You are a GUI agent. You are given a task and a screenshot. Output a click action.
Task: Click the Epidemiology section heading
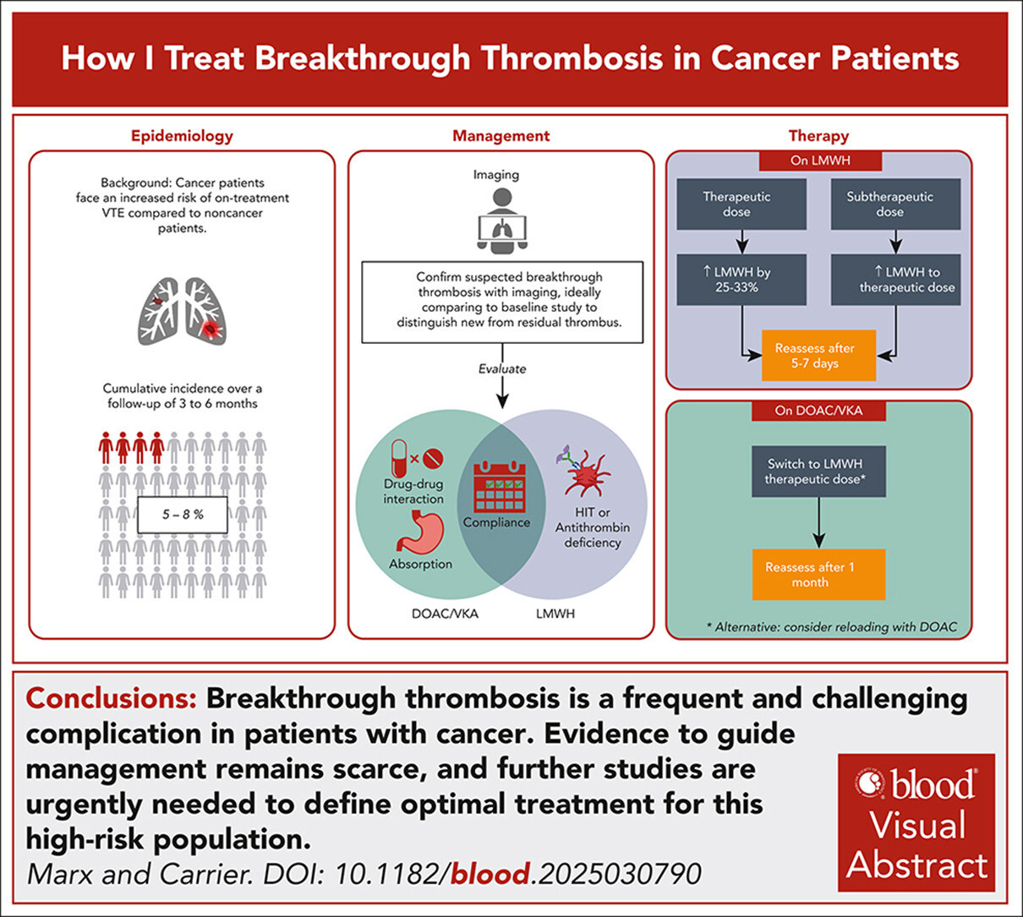182,135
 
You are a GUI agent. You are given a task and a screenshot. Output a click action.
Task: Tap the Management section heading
501,135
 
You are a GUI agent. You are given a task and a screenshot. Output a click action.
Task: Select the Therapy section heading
818,135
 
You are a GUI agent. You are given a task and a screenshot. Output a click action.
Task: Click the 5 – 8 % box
183,514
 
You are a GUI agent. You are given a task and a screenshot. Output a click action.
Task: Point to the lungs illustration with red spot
183,311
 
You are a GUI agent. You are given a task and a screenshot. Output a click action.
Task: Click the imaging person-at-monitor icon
502,221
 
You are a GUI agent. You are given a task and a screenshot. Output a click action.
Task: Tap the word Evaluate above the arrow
502,368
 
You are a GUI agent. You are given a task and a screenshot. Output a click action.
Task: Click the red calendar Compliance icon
500,487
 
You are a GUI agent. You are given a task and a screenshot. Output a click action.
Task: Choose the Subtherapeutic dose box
895,205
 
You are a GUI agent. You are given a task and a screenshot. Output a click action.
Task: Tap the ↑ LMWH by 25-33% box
741,280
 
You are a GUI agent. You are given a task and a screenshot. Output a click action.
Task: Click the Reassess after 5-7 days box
818,356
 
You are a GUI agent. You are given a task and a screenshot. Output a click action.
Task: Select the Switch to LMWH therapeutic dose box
818,471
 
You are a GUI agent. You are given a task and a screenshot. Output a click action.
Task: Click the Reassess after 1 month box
818,575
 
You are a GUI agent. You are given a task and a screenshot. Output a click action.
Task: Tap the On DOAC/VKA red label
818,412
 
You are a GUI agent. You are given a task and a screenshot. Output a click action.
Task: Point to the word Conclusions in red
112,699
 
